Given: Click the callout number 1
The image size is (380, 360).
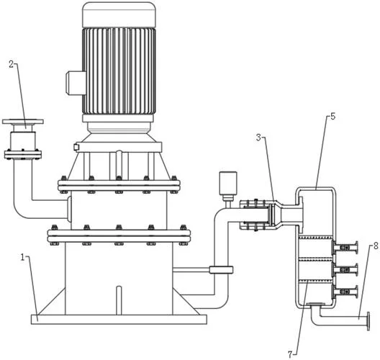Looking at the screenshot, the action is point(22,257).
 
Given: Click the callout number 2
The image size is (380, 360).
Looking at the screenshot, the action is point(12,64).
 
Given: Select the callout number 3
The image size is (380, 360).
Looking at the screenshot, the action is point(259,138).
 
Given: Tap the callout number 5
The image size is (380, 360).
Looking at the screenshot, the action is point(333,117).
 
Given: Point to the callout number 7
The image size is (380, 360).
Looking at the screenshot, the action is point(290,355).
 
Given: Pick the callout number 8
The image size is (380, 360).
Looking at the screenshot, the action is point(376,246).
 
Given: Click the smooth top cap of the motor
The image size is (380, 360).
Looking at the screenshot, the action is point(119,14).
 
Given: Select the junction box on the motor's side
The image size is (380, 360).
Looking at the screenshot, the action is point(76,83).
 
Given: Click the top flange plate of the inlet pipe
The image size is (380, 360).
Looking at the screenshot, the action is point(23,122).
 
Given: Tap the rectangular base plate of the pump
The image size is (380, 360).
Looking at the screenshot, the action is point(119,319).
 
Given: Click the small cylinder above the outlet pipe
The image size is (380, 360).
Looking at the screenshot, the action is point(228,183).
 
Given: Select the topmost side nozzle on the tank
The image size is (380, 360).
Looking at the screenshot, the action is point(345,248).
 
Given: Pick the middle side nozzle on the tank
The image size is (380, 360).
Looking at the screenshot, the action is point(345,269).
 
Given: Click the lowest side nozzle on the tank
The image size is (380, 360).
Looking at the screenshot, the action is point(345,292).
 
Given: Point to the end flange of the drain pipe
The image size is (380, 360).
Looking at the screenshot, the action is point(368,321).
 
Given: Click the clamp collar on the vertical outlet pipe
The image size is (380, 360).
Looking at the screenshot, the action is point(221,270).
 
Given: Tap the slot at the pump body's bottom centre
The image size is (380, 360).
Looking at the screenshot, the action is point(119,301).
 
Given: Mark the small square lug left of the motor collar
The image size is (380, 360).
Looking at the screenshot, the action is point(76,147).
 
